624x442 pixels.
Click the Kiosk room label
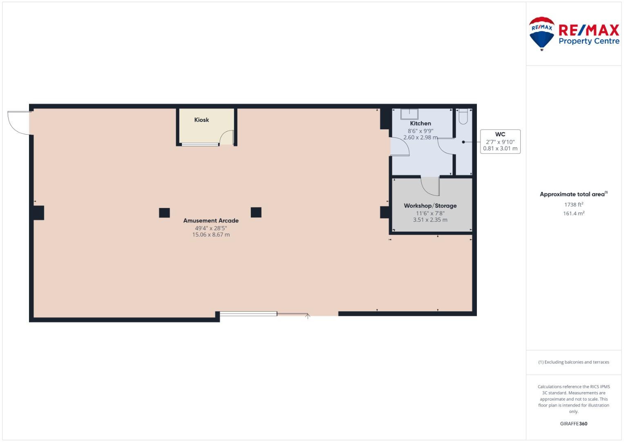[x=201, y=120]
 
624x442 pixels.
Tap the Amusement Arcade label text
[x=211, y=221]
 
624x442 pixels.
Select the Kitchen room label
[x=420, y=123]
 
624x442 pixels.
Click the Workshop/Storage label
[x=430, y=205]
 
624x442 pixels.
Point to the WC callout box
[x=500, y=142]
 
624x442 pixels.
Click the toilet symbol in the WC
[x=463, y=117]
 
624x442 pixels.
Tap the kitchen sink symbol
[x=409, y=114]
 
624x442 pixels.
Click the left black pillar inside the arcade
[x=164, y=213]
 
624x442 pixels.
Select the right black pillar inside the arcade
[x=256, y=212]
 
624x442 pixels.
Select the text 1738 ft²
[x=574, y=205]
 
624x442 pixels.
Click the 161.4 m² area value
[x=574, y=214]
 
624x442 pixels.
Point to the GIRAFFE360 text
[x=574, y=423]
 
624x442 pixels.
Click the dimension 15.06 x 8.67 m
[x=211, y=235]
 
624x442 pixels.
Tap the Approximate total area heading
[x=574, y=194]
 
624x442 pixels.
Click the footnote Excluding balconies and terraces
[x=574, y=362]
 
